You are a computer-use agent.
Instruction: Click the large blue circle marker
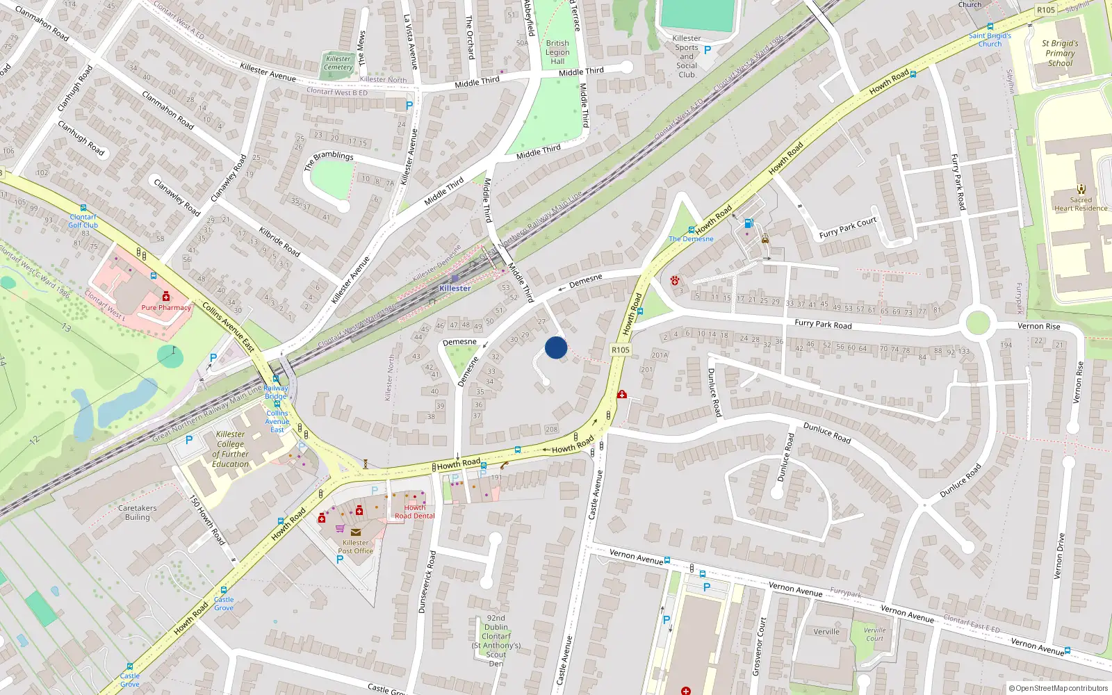pyautogui.click(x=556, y=347)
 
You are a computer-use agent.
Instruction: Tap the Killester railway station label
pyautogui.click(x=455, y=288)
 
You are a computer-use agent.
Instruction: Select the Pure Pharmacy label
pyautogui.click(x=166, y=307)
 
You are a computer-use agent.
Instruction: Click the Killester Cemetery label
pyautogui.click(x=338, y=63)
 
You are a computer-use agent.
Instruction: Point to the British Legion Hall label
pyautogui.click(x=557, y=52)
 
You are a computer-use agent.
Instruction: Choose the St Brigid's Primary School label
pyautogui.click(x=1060, y=54)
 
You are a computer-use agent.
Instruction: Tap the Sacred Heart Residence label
pyautogui.click(x=1081, y=204)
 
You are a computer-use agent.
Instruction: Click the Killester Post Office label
pyautogui.click(x=355, y=547)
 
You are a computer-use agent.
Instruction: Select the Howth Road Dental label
pyautogui.click(x=415, y=512)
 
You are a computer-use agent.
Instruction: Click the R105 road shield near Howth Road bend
pyautogui.click(x=620, y=350)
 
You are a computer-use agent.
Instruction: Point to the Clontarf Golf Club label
pyautogui.click(x=83, y=221)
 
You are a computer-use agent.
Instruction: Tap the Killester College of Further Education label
pyautogui.click(x=230, y=449)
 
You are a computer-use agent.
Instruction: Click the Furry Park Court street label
pyautogui.click(x=848, y=228)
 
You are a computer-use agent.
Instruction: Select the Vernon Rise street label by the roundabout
pyautogui.click(x=1039, y=326)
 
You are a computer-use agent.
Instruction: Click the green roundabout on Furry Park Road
pyautogui.click(x=977, y=323)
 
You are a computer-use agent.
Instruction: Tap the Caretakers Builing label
pyautogui.click(x=138, y=512)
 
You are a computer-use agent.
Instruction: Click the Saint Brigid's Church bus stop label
pyautogui.click(x=990, y=40)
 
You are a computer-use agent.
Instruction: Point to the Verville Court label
pyautogui.click(x=874, y=634)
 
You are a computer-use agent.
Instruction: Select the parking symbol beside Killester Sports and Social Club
pyautogui.click(x=708, y=50)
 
